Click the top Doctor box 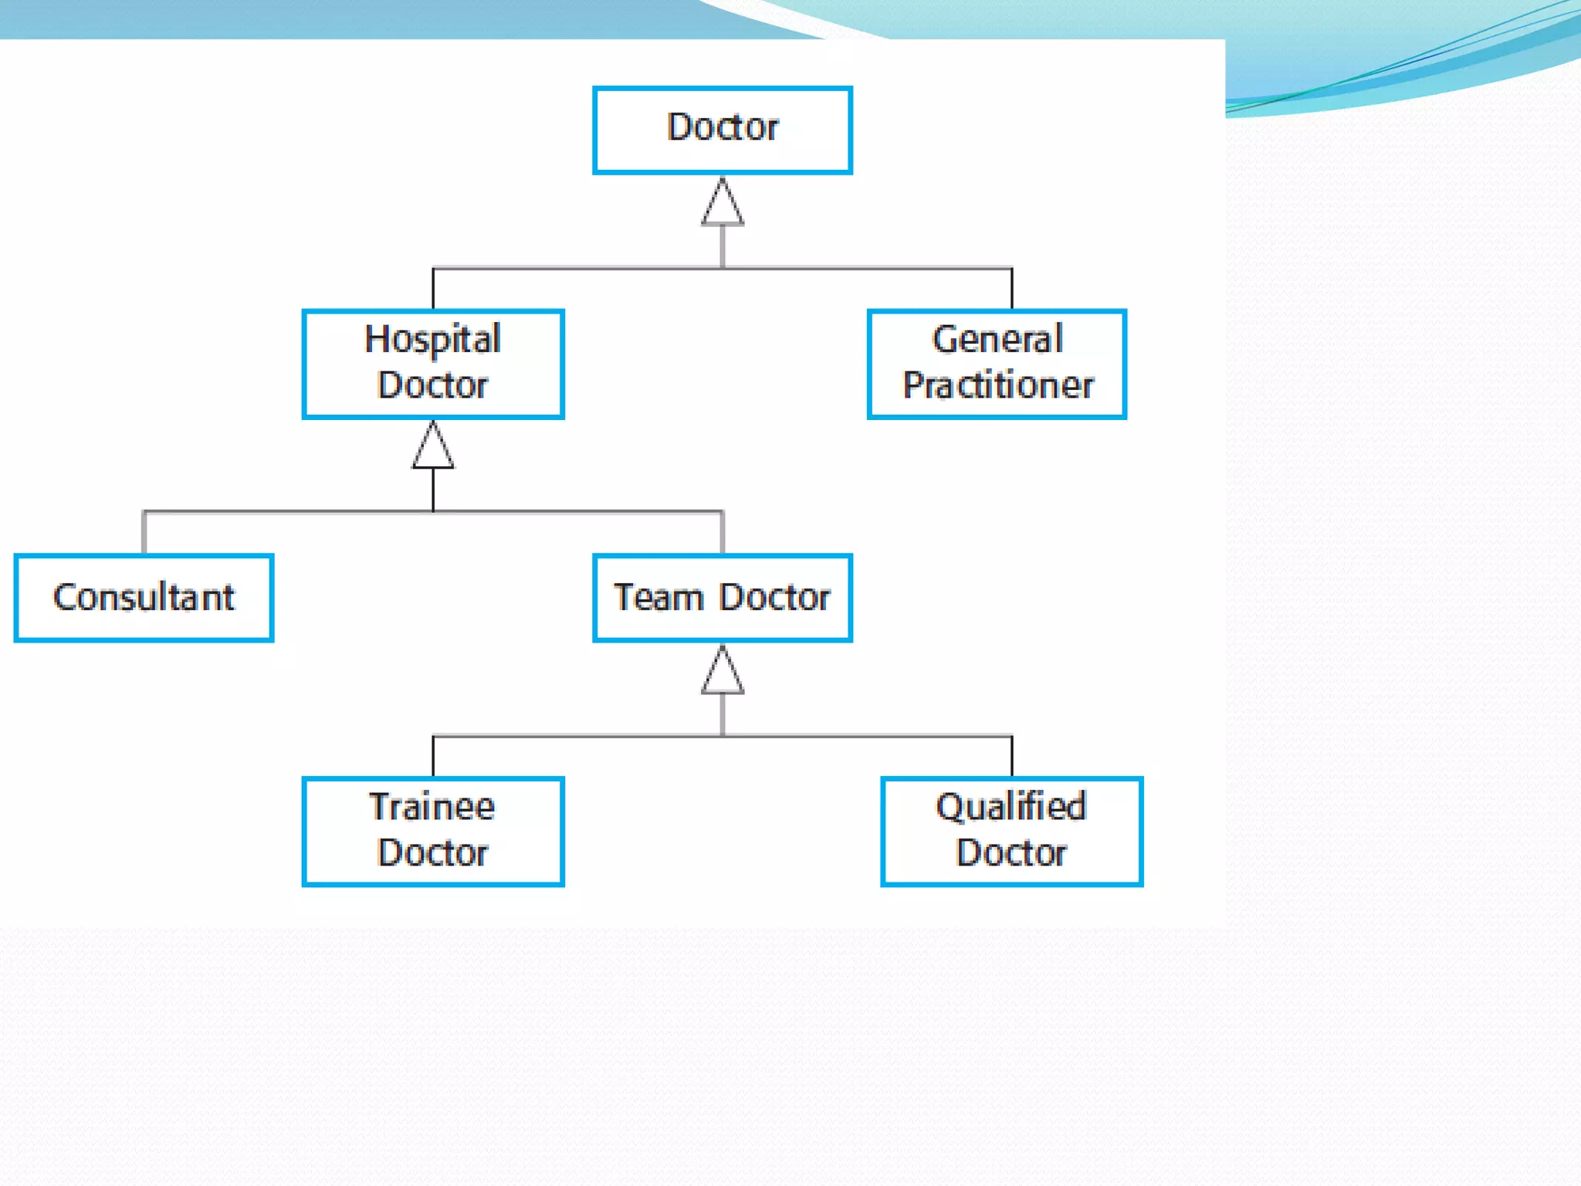pyautogui.click(x=722, y=130)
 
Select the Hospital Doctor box pyautogui.click(x=433, y=364)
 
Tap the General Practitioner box pyautogui.click(x=997, y=364)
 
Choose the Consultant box pyautogui.click(x=144, y=597)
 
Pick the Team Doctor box pyautogui.click(x=722, y=597)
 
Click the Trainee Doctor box pyautogui.click(x=433, y=831)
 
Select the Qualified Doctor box pyautogui.click(x=1011, y=831)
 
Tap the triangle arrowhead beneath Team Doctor pyautogui.click(x=723, y=672)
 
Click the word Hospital pyautogui.click(x=433, y=339)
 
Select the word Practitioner pyautogui.click(x=998, y=385)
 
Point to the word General pyautogui.click(x=997, y=339)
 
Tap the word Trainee pyautogui.click(x=432, y=807)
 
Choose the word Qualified pyautogui.click(x=1011, y=807)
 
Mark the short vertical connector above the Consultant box pyautogui.click(x=144, y=532)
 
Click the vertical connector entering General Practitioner pyautogui.click(x=1011, y=289)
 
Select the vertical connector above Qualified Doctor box pyautogui.click(x=1011, y=757)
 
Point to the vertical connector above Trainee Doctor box pyautogui.click(x=433, y=757)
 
